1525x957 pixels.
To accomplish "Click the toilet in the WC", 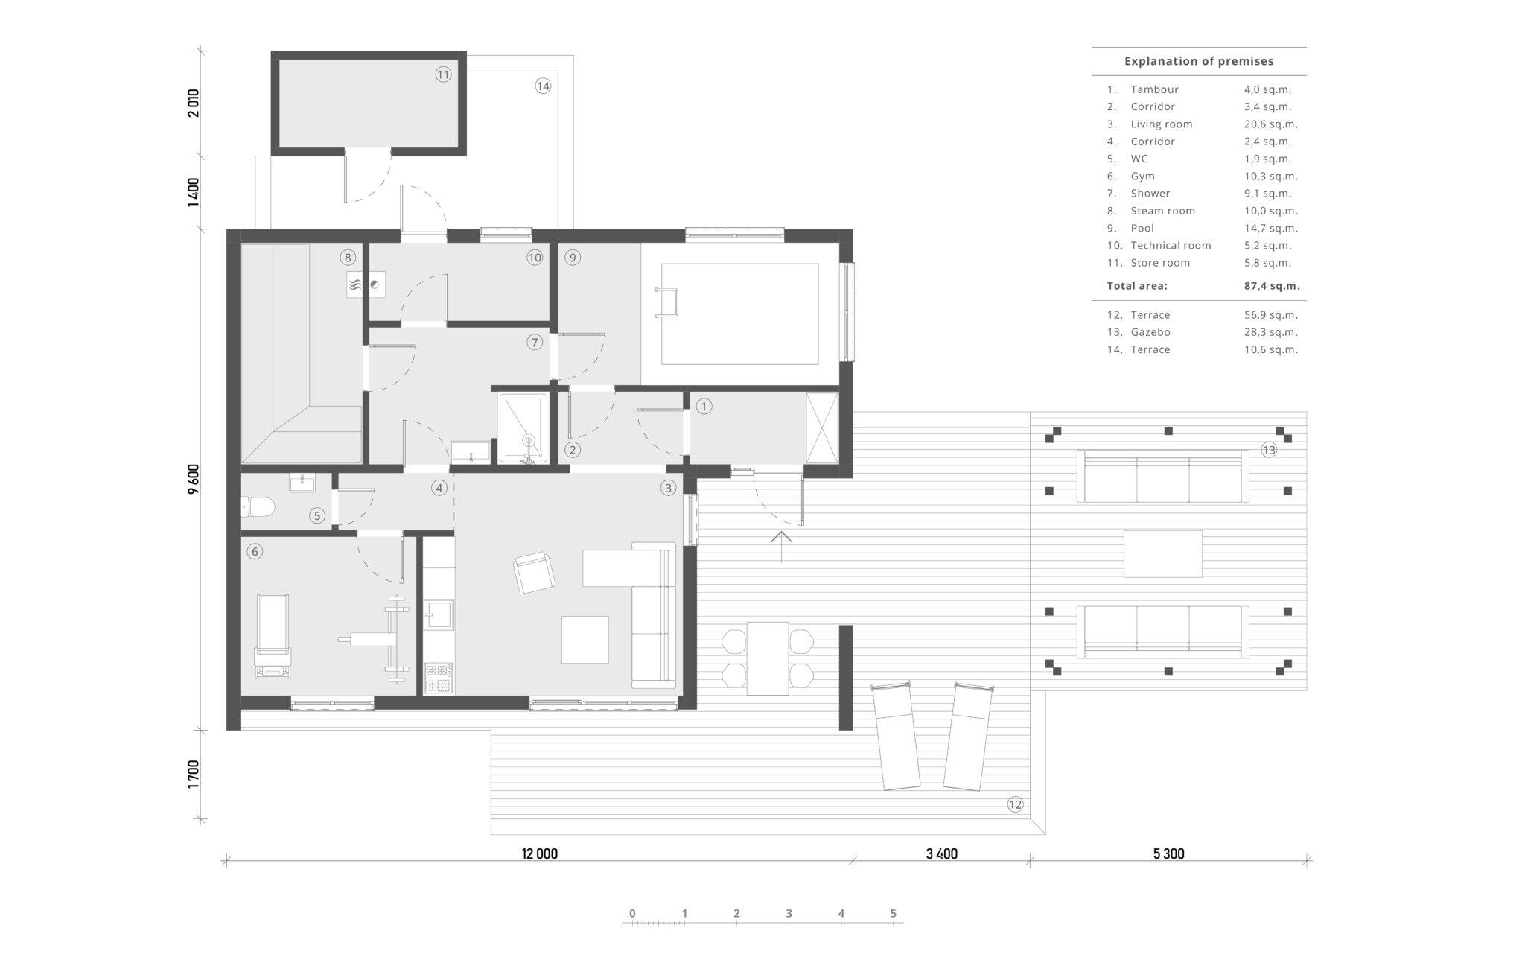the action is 258,508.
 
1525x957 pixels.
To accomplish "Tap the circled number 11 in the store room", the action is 444,74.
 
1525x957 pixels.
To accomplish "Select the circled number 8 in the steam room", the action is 348,258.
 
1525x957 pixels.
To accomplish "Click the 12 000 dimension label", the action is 540,853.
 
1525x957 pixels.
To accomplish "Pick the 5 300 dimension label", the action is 1168,853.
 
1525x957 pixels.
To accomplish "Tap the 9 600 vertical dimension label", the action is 194,479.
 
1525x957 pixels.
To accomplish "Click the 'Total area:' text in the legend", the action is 1137,286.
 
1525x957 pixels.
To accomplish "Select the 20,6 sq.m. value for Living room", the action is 1271,124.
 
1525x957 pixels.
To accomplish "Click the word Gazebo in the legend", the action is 1150,332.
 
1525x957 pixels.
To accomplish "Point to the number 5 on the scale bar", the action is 894,914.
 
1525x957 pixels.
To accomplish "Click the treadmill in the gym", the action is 273,635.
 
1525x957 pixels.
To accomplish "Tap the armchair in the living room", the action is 534,573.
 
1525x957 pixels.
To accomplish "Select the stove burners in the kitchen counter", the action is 439,677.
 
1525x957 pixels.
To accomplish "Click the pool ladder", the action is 667,302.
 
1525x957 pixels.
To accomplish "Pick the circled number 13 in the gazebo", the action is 1269,450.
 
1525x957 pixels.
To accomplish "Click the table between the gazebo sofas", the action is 1163,553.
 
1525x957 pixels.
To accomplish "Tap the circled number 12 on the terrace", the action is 1015,804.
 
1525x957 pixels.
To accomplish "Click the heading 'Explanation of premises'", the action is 1199,62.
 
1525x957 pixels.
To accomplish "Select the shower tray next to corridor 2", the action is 523,428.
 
